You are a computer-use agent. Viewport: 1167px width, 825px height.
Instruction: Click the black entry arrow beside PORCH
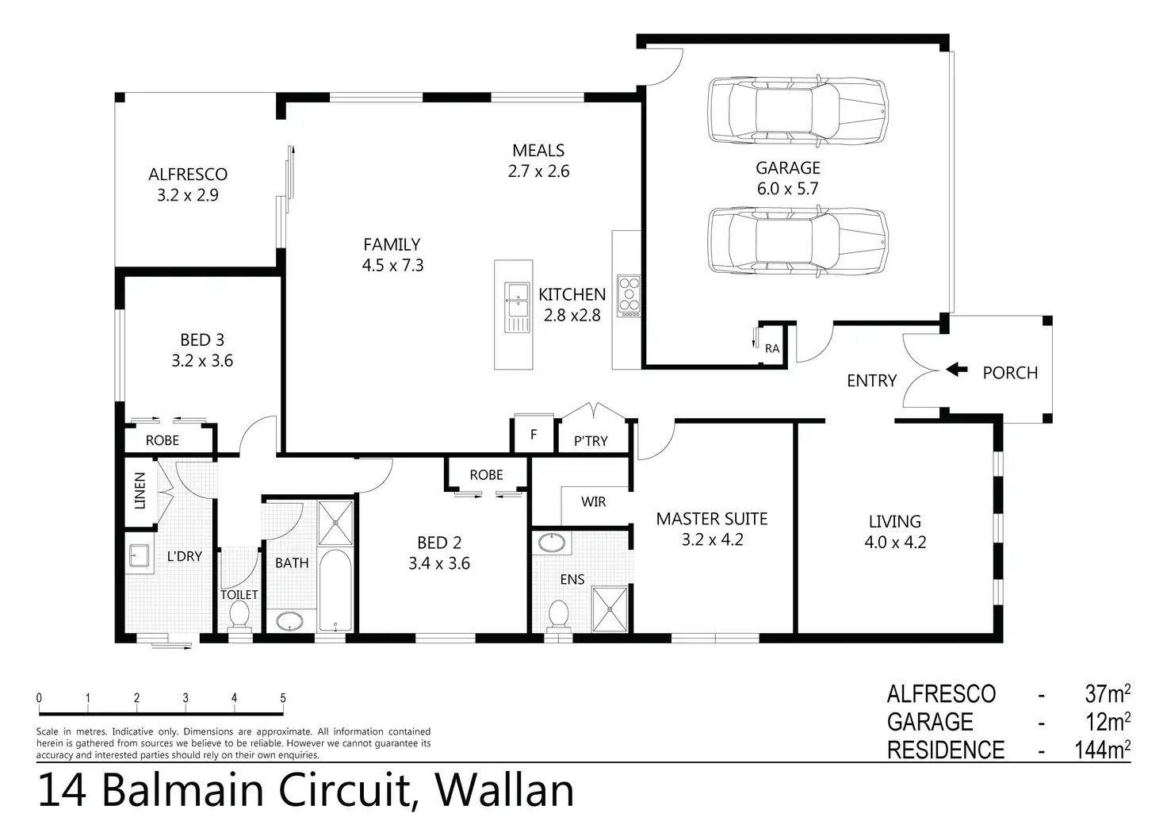pyautogui.click(x=957, y=370)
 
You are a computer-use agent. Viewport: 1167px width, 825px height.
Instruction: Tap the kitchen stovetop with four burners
pyautogui.click(x=629, y=296)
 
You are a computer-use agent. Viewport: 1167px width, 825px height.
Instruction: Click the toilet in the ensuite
pyautogui.click(x=559, y=614)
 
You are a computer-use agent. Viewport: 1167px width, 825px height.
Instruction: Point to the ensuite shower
pyautogui.click(x=610, y=608)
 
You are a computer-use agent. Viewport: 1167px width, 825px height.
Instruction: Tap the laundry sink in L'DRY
pyautogui.click(x=139, y=557)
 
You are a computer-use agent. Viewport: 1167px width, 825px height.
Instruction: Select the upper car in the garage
pyautogui.click(x=797, y=110)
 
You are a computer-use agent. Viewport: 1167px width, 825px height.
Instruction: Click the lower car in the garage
pyautogui.click(x=797, y=241)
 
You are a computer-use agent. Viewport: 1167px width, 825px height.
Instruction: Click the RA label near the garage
pyautogui.click(x=772, y=348)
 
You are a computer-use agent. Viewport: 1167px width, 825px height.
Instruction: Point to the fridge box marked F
pyautogui.click(x=534, y=434)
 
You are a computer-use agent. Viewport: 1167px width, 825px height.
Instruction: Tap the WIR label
pyautogui.click(x=593, y=501)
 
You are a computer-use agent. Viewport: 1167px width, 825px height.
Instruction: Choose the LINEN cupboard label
pyautogui.click(x=140, y=490)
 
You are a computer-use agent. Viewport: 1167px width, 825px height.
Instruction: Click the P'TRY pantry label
pyautogui.click(x=591, y=441)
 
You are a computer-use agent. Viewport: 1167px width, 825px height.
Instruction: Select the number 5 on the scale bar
pyautogui.click(x=283, y=698)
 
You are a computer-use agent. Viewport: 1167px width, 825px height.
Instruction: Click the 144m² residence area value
pyautogui.click(x=1102, y=749)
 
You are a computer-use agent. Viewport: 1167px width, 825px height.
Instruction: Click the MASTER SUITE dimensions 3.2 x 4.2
pyautogui.click(x=711, y=539)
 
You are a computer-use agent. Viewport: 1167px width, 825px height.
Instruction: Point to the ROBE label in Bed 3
pyautogui.click(x=163, y=440)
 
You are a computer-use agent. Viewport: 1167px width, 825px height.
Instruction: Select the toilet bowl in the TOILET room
pyautogui.click(x=239, y=614)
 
